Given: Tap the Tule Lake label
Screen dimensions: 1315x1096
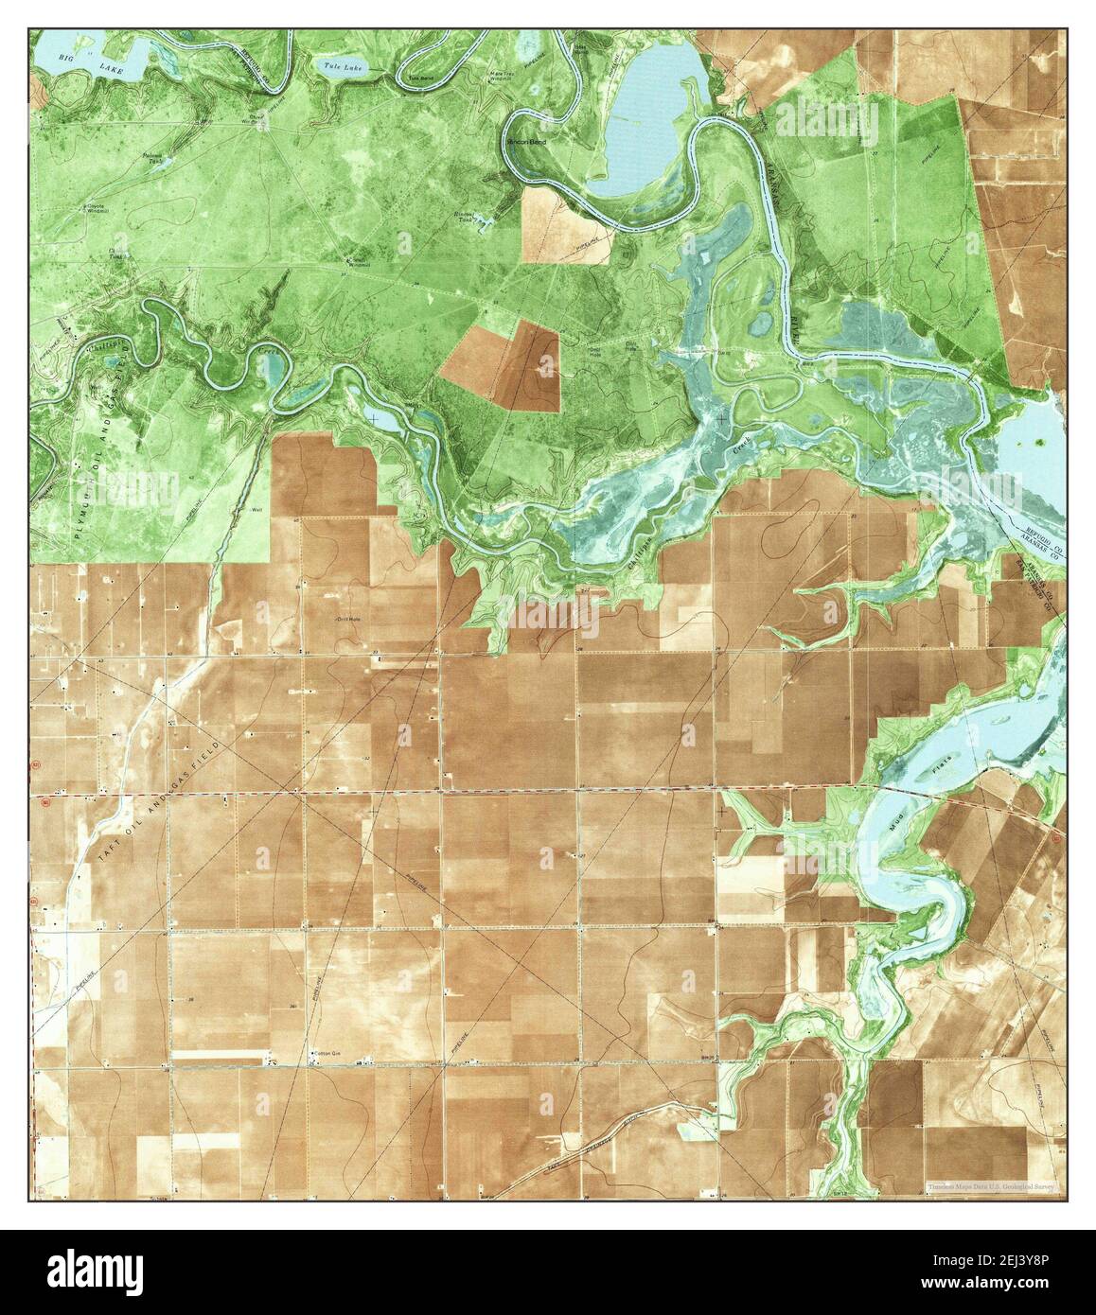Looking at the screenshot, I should [x=337, y=65].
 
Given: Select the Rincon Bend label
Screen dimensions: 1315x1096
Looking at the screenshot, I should [x=527, y=141].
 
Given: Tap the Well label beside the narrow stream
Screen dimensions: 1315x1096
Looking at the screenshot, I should [x=256, y=510].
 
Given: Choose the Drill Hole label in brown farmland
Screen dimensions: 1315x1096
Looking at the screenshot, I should [x=348, y=620].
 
